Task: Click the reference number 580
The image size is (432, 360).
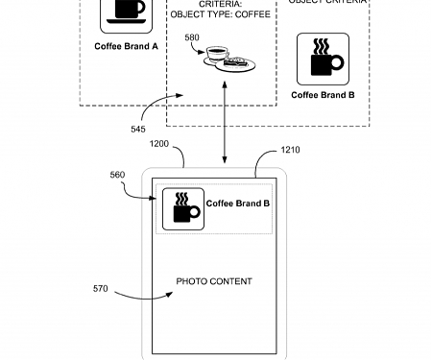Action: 192,38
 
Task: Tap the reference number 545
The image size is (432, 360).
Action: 139,129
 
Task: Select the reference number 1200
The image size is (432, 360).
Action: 159,144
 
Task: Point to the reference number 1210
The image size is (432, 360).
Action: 290,150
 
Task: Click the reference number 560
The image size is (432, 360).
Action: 117,175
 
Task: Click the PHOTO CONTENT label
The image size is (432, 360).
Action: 214,281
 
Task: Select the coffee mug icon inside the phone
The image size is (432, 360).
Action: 182,207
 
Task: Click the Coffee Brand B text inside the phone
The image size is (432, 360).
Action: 238,204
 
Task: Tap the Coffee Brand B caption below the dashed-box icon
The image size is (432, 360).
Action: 323,95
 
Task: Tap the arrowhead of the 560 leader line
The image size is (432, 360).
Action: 156,199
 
